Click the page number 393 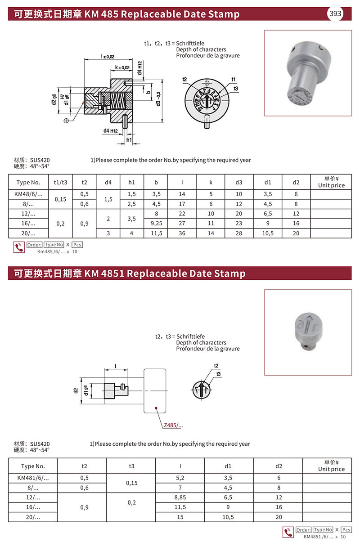coord(335,13)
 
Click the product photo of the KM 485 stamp coord(308,73)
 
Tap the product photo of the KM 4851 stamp coord(308,332)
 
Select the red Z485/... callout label coord(173,425)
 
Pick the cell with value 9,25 coord(156,223)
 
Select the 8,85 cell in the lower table coord(180,497)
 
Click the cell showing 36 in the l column coord(182,233)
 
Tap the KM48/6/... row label coord(29,194)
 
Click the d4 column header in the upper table coord(108,182)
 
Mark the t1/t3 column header coord(60,182)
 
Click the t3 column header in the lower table coord(131,466)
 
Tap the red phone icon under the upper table coord(19,247)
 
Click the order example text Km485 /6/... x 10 coord(58,252)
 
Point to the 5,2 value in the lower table coord(180,478)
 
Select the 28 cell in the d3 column coord(238,233)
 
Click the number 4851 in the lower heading coord(112,273)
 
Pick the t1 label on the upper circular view coord(234,80)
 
